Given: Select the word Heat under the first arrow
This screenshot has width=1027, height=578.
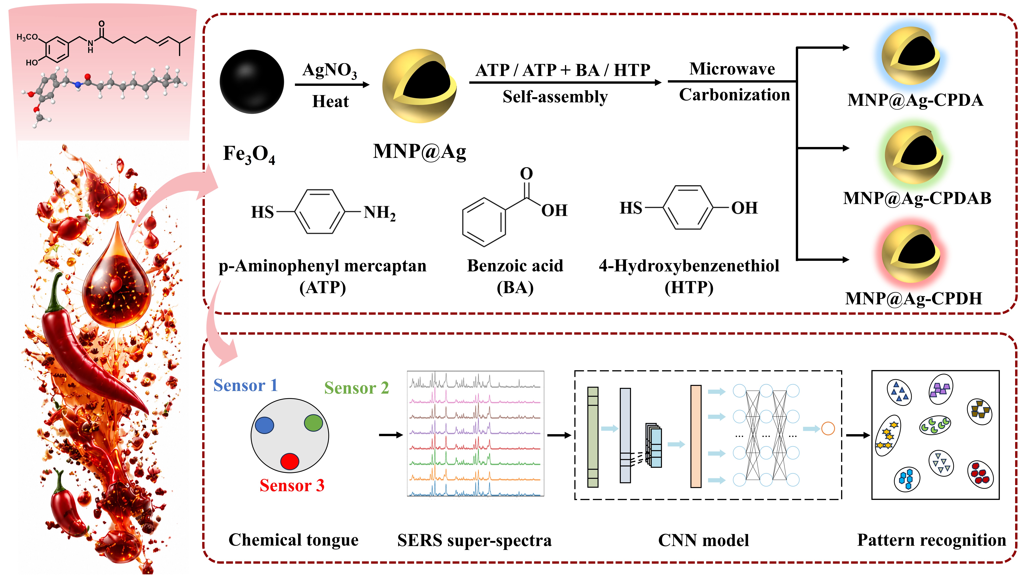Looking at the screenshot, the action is (330, 101).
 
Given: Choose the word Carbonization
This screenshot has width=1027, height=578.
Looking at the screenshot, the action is (734, 95).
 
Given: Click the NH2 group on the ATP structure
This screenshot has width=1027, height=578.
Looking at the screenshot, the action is (379, 213).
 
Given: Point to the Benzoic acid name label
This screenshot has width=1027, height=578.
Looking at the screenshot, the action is (515, 266).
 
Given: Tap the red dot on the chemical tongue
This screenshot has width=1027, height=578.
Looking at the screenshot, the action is (289, 461).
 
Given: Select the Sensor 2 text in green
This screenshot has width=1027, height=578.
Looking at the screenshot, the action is (356, 388).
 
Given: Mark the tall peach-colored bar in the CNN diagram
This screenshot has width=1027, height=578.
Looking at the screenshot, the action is (696, 436).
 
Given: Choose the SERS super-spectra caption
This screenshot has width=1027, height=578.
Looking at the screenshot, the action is (474, 540).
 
